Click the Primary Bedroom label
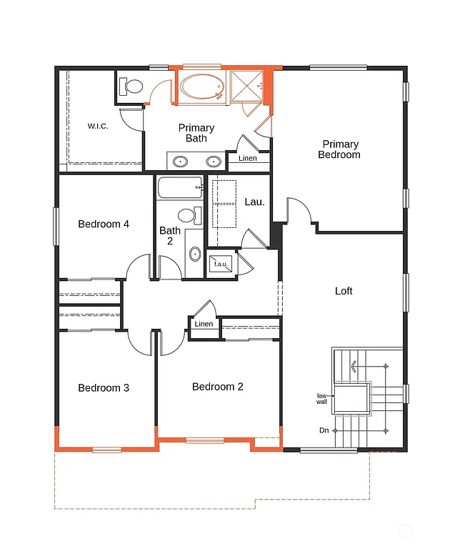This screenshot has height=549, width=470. click(339, 149)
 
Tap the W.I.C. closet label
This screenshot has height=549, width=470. click(98, 126)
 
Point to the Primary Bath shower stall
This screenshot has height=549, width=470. click(247, 86)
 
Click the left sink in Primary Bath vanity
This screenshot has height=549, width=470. click(181, 161)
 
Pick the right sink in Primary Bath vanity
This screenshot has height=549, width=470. click(212, 161)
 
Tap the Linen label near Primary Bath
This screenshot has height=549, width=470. click(248, 158)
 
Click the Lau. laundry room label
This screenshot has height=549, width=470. click(255, 202)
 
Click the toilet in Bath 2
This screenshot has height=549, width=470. click(188, 215)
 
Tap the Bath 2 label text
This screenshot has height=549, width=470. click(170, 235)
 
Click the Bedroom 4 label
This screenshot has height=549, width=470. click(104, 224)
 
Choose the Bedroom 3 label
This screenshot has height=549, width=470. click(104, 388)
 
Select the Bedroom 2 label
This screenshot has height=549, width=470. click(218, 387)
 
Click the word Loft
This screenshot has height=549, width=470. click(344, 291)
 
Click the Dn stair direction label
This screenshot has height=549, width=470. click(324, 430)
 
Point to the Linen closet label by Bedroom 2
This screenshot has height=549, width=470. click(204, 324)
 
